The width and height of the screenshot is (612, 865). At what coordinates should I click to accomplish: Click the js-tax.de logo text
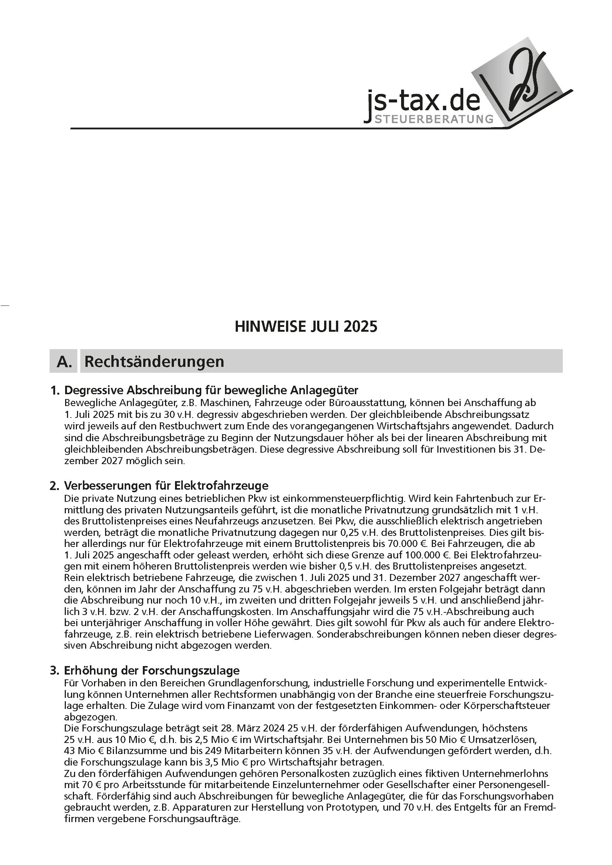pos(424,102)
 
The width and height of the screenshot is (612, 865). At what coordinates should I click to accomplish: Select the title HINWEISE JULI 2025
pos(306,326)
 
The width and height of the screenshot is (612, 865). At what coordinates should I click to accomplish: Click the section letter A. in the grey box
pos(64,361)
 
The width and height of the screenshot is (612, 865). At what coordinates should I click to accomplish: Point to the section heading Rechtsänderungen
pos(154,361)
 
